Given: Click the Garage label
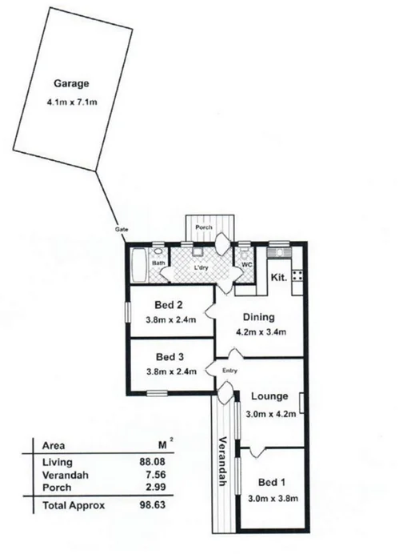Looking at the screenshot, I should point(70,83).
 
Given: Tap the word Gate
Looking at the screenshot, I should point(122,230).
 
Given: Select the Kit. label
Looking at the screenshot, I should point(278,278).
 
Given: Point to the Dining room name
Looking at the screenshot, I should point(257,316).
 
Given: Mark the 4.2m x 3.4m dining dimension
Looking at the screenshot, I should point(260,332).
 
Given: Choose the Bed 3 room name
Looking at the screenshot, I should point(170,356).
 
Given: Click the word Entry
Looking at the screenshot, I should point(229,370).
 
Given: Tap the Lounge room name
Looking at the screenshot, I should point(269,396).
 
